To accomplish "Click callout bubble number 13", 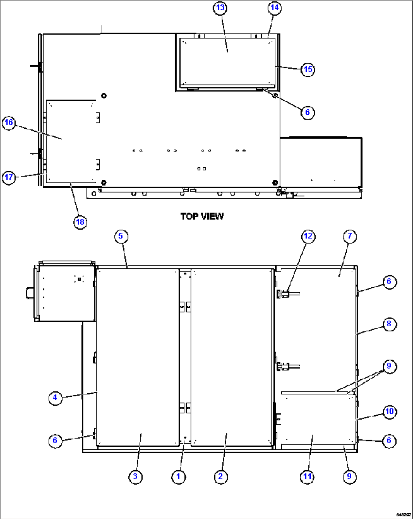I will pos(220,8).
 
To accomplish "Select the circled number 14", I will pos(274,8).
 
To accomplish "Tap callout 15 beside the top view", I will pos(308,69).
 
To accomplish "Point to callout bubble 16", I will pos(9,123).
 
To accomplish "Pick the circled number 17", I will pos(9,177).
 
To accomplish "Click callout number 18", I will pos(80,222).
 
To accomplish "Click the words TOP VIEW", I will pos(202,216).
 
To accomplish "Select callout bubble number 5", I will pos(120,236).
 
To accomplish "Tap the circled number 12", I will pos(308,236).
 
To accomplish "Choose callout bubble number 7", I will pos(349,236).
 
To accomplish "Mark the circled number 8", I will pos(389,324).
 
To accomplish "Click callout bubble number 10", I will pos(389,411).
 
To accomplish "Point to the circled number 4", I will pos(55,397).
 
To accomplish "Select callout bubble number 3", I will pos(135,476).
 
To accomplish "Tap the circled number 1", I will pos(178,476).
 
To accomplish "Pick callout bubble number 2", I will pos(221,476).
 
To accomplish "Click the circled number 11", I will pos(307,476).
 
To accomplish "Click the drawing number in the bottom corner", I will pos(403,514).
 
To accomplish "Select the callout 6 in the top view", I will pos(307,112).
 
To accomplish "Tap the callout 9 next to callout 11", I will pos(349,476).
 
